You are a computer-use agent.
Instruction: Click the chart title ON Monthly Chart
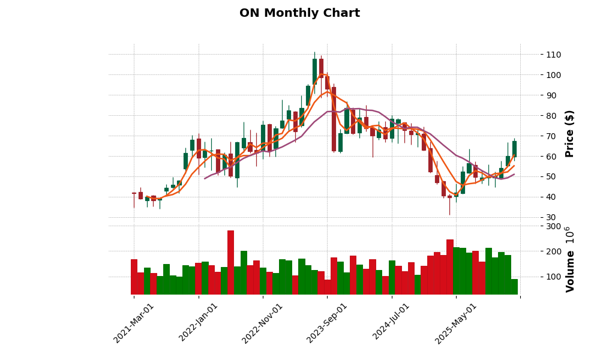[299, 13]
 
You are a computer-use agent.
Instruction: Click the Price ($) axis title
[569, 133]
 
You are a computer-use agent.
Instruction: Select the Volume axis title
[569, 259]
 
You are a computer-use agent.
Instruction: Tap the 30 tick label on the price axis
[551, 217]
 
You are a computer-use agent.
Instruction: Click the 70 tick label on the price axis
[551, 136]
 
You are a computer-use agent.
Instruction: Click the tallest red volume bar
[230, 262]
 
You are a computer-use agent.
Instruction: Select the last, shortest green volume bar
[514, 287]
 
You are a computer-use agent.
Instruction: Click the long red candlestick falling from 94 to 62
[334, 119]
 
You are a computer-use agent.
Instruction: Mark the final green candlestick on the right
[514, 149]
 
